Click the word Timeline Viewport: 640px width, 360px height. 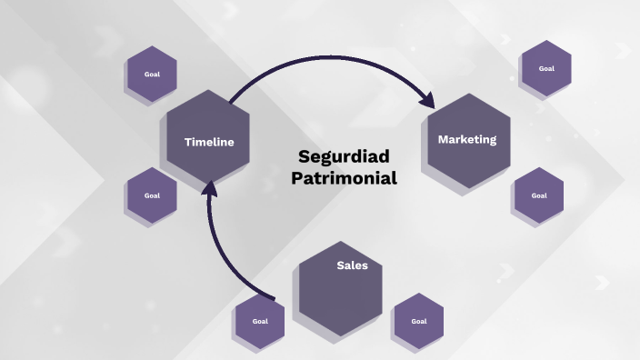tap(209, 142)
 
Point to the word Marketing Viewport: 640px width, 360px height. tap(467, 140)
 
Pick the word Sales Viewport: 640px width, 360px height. tap(352, 265)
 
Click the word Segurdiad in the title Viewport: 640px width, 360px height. tap(344, 156)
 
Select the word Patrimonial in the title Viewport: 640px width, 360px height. tap(344, 178)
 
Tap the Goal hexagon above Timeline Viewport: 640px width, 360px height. tap(152, 74)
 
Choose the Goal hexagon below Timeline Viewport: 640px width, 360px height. tap(152, 195)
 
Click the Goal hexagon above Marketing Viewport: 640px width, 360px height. tap(546, 68)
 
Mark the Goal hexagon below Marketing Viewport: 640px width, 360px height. tap(538, 195)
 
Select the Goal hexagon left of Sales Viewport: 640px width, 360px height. tap(260, 321)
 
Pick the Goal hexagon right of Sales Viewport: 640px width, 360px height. tap(418, 321)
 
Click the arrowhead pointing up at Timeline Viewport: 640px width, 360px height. tap(210, 188)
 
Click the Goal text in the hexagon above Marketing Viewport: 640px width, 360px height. tap(546, 68)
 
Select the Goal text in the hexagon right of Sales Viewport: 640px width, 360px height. tap(418, 321)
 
